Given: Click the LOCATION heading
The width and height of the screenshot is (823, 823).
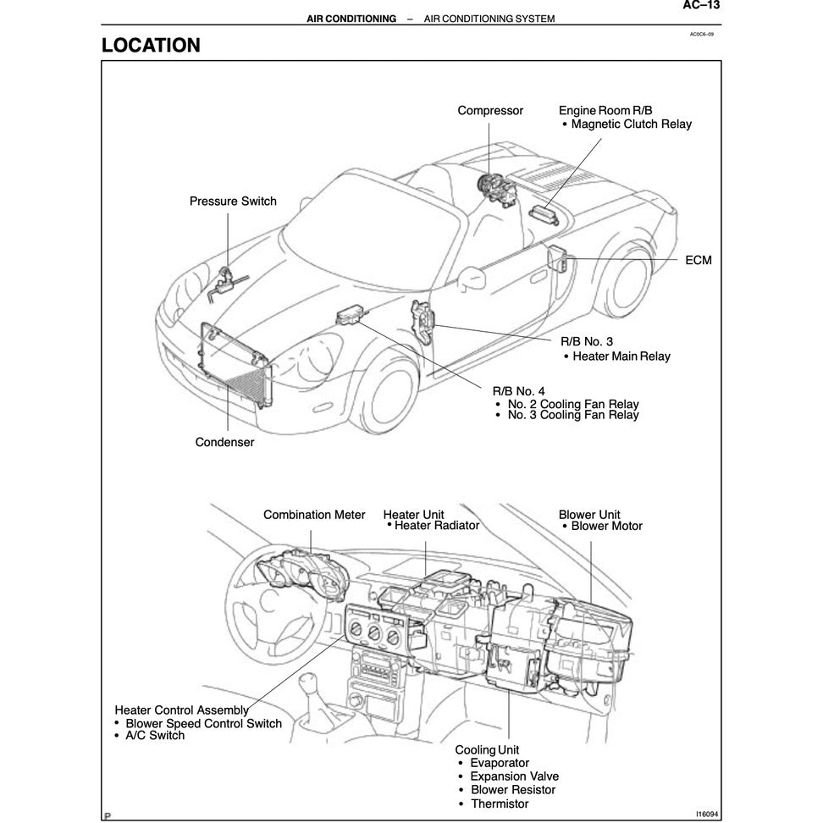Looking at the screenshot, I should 151,46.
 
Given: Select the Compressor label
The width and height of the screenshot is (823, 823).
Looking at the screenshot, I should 490,111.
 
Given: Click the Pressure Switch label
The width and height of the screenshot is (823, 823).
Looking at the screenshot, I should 233,202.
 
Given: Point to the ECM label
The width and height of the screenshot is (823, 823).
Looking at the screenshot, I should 698,260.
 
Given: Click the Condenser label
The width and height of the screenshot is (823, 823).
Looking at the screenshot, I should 224,442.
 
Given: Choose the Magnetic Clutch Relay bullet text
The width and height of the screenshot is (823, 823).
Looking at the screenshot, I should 631,124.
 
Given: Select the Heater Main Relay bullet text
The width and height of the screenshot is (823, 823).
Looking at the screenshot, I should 621,356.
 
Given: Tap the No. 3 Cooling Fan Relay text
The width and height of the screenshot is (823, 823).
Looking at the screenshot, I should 572,415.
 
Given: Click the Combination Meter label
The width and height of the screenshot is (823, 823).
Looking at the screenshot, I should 314,515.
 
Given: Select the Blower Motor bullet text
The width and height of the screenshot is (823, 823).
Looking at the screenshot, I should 606,527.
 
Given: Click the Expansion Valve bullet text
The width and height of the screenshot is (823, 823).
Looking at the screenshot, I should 514,776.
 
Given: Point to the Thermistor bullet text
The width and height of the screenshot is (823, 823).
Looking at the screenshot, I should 499,804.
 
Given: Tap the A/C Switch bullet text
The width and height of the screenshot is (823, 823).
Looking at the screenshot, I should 154,736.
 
